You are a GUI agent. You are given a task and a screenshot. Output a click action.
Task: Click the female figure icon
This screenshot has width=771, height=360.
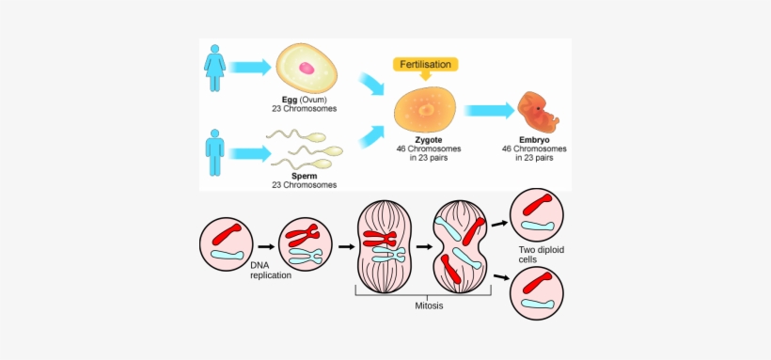(x=215, y=69)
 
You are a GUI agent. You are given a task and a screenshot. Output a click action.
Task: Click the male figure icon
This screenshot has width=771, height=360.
(x=215, y=153)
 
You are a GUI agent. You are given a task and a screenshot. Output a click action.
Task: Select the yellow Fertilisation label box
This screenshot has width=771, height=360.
(x=426, y=64)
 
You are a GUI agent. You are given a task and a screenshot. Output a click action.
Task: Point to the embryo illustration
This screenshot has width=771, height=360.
(x=538, y=113)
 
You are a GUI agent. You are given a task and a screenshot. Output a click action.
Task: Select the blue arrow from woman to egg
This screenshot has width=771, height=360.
(x=250, y=67)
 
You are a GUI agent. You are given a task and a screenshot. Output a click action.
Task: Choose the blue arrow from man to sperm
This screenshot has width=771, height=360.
(x=250, y=152)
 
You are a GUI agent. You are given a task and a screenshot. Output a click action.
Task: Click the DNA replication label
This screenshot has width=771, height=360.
(x=270, y=271)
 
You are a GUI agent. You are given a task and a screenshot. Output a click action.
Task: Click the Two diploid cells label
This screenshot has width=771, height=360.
(x=541, y=254)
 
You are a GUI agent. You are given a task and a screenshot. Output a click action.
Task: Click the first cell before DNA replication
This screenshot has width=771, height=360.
(x=227, y=243)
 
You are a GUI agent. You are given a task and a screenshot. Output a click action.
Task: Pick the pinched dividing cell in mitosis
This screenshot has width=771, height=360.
(x=459, y=247)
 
